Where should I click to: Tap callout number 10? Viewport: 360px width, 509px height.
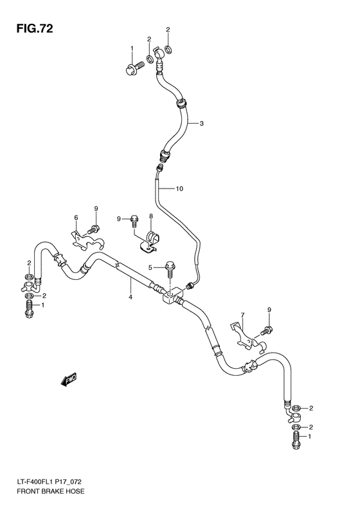(x=179, y=189)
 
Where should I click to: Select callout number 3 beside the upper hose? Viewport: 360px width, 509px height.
(x=201, y=124)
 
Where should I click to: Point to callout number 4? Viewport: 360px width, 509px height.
(x=130, y=297)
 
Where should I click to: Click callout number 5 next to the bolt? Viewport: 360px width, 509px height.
(x=150, y=267)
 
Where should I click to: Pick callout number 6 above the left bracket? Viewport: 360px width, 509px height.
(x=75, y=217)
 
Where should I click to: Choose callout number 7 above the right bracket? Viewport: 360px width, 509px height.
(x=243, y=315)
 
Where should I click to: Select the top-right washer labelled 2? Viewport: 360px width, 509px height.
(x=168, y=50)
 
